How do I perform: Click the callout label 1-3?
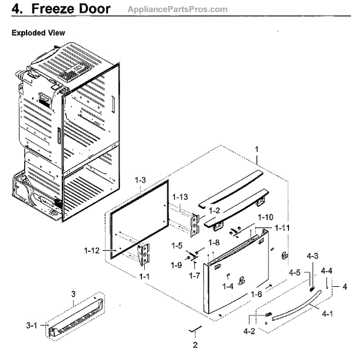point(141,179)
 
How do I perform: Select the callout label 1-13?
point(180,198)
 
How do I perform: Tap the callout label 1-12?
point(92,249)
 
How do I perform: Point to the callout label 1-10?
point(266,217)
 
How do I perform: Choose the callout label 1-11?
point(282,228)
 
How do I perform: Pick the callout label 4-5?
point(294,273)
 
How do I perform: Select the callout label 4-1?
point(329,314)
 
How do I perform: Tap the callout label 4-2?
point(250,331)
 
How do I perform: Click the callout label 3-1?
point(32,326)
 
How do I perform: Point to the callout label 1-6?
point(256,294)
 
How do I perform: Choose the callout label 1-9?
point(175,265)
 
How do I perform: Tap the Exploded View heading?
point(39,33)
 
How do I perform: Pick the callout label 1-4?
point(227,286)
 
